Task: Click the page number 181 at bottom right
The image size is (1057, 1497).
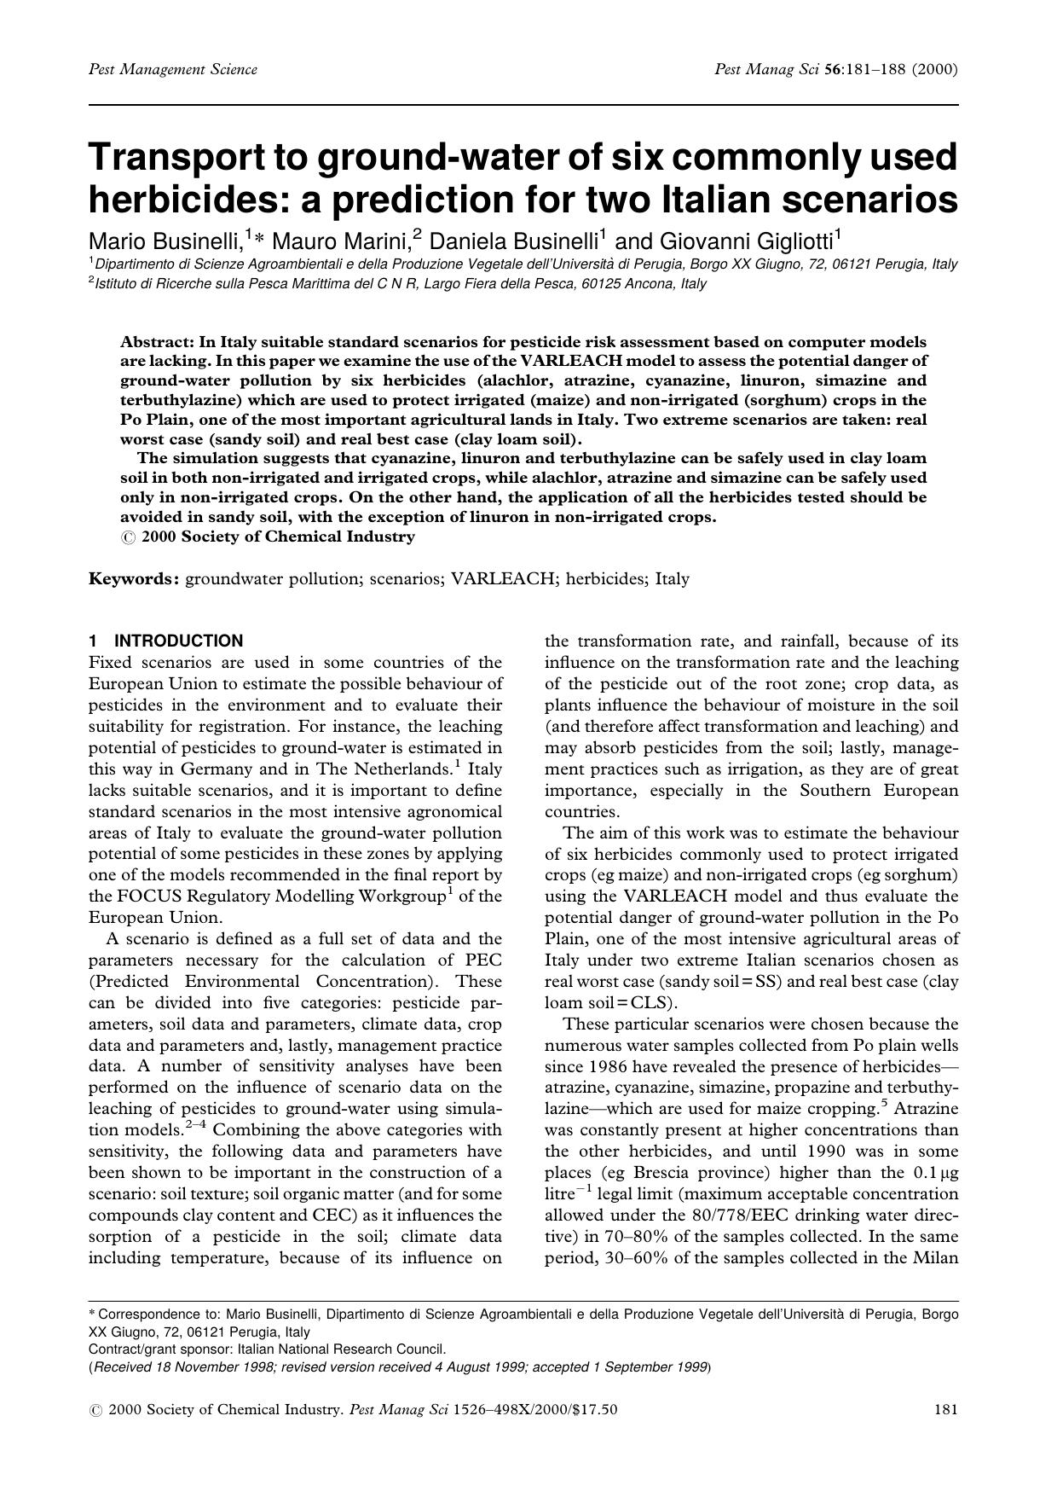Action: [946, 1409]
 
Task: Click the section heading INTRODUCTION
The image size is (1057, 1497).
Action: [178, 641]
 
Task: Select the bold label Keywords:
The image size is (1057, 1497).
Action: [134, 579]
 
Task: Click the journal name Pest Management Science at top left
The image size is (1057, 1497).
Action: [172, 69]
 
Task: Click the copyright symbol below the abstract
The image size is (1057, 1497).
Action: [127, 537]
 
